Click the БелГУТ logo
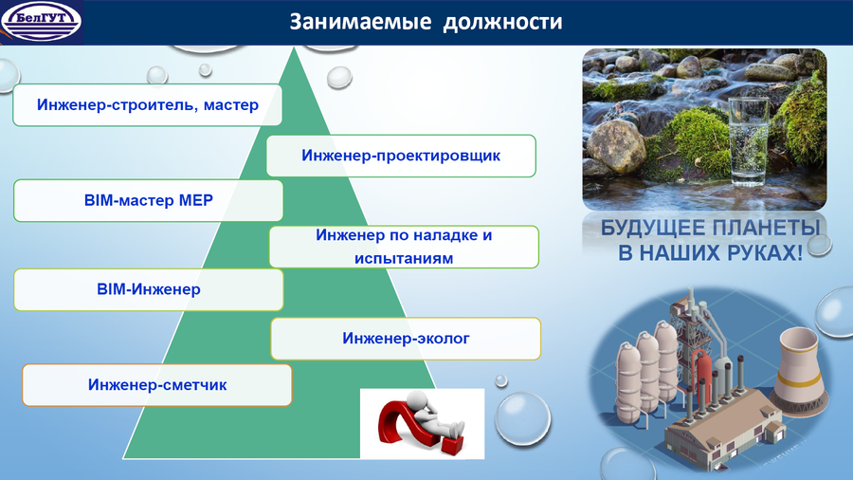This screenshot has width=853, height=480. click(x=42, y=22)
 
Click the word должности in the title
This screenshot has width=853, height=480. click(x=502, y=23)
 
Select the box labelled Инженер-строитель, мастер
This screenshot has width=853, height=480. click(x=148, y=105)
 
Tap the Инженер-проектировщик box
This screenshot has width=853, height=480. click(x=401, y=156)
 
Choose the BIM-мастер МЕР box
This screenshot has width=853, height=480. click(x=149, y=200)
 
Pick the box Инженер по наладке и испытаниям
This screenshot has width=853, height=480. click(x=404, y=247)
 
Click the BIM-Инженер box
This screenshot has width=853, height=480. click(x=149, y=289)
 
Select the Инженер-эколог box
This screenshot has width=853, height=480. click(x=406, y=339)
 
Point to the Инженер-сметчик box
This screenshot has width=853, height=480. click(x=157, y=385)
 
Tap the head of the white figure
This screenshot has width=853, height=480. click(x=418, y=400)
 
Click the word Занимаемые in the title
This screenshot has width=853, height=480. click(x=360, y=23)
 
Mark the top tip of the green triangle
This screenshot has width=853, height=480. click(x=295, y=47)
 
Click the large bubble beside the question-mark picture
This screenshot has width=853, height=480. click(x=522, y=419)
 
